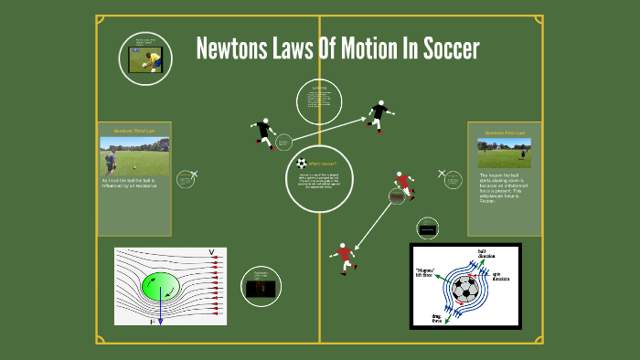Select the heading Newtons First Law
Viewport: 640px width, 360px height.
click(x=505, y=132)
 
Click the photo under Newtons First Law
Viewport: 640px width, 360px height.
click(x=504, y=153)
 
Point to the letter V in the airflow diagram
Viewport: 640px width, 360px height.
click(x=211, y=252)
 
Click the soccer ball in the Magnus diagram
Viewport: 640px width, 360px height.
click(x=465, y=291)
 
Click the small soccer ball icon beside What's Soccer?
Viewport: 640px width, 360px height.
click(x=303, y=164)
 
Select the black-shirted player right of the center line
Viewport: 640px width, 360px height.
click(x=379, y=116)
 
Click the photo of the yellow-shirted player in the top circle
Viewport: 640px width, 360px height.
click(x=145, y=60)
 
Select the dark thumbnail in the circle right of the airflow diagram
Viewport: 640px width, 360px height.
click(x=261, y=288)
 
